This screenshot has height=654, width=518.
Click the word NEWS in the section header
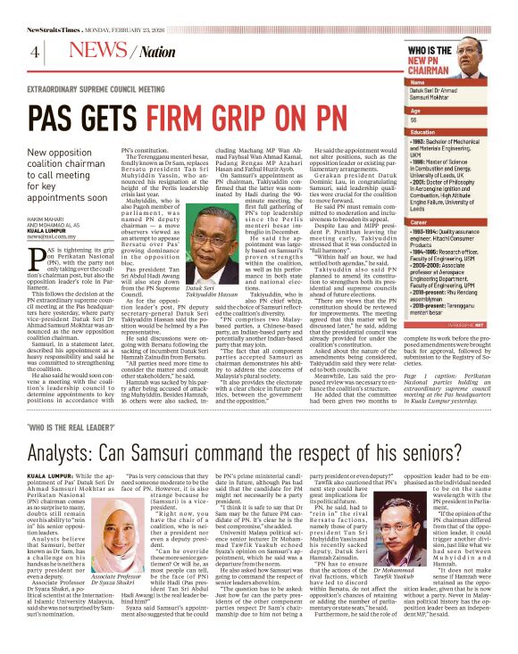(x=93, y=51)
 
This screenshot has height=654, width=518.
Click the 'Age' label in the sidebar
(x=414, y=110)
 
